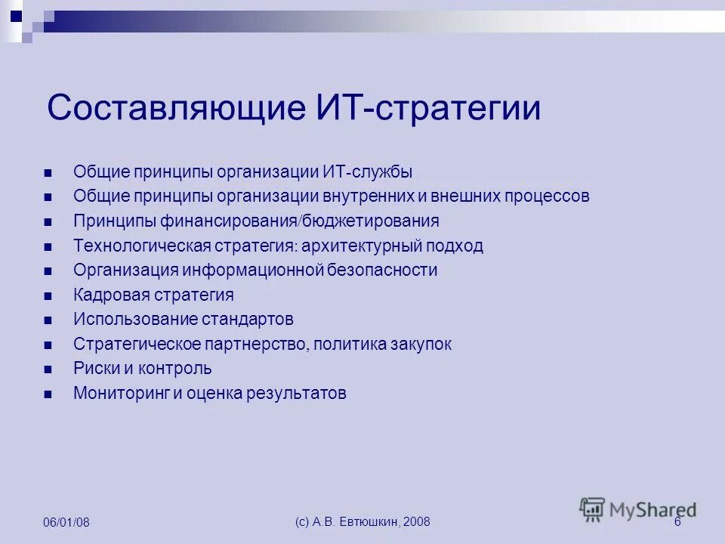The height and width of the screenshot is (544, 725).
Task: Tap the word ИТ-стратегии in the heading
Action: tap(426, 109)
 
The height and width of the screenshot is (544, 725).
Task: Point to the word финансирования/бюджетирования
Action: tap(299, 221)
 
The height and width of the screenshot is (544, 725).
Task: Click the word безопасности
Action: tap(382, 270)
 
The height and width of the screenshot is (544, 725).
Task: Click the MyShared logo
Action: tap(638, 509)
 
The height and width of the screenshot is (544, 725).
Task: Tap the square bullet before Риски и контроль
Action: tap(48, 369)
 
